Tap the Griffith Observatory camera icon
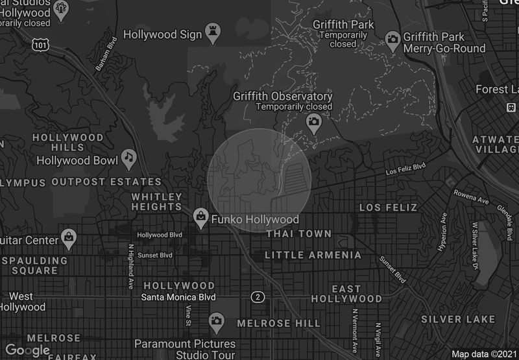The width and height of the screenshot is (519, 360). (x=314, y=122)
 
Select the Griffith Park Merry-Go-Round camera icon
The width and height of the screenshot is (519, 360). (x=392, y=38)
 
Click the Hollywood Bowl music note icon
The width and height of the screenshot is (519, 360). (x=130, y=157)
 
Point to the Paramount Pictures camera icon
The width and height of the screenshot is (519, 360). (x=217, y=320)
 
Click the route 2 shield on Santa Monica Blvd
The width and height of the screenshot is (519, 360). (x=258, y=297)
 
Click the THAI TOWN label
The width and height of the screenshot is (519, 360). (x=299, y=234)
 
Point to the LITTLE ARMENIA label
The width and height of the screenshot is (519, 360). (x=313, y=256)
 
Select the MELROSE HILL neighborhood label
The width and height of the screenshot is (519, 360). (x=278, y=323)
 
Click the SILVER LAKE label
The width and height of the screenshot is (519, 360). (x=458, y=319)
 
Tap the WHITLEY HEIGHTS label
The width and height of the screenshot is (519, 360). (x=157, y=202)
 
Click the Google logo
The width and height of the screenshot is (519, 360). (x=27, y=350)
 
